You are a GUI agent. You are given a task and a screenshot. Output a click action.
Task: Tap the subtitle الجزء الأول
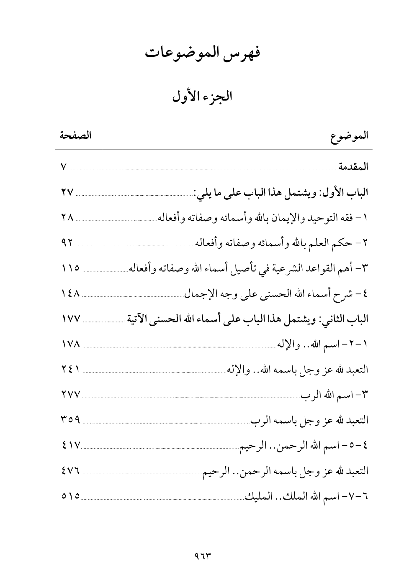[202, 97]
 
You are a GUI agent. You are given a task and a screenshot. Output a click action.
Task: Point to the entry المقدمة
[353, 167]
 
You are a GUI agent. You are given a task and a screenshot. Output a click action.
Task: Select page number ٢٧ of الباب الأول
[67, 193]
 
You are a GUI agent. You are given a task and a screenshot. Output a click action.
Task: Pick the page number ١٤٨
[69, 294]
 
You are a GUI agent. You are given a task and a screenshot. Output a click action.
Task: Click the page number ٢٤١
[69, 370]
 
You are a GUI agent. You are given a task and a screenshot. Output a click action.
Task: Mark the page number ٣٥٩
[69, 420]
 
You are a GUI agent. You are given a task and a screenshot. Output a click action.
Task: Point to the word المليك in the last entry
[256, 497]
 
